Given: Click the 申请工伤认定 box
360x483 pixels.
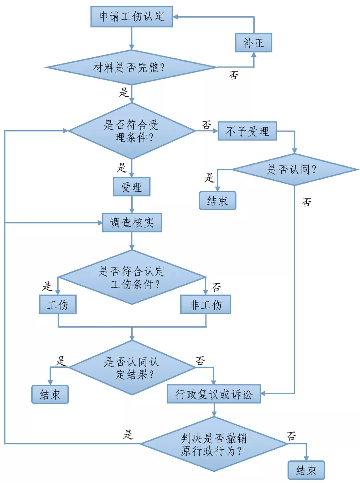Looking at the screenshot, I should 131,16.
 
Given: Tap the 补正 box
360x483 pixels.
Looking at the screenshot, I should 253,43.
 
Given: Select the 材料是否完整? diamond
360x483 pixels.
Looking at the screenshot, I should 131,68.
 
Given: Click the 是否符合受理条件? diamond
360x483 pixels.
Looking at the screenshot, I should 131,131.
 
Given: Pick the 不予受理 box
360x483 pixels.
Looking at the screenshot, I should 247,131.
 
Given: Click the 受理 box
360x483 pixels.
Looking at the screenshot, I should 132,187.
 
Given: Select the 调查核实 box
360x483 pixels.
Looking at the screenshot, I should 132,222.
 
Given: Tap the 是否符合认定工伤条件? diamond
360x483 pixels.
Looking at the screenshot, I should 132,277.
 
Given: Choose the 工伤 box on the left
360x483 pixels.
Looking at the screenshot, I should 58,304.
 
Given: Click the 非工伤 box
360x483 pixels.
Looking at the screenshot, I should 205,304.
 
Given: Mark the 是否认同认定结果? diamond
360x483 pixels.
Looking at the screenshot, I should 131,368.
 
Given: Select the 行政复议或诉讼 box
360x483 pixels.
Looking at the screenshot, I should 213,394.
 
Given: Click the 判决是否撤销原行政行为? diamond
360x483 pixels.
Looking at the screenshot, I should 213,444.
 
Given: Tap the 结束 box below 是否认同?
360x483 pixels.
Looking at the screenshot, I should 217,201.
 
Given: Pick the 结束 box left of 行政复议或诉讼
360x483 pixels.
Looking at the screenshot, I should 50,394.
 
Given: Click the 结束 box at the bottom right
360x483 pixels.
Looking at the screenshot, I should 306,470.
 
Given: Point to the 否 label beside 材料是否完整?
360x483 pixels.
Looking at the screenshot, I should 234,75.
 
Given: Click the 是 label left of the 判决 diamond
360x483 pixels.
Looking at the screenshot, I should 128,434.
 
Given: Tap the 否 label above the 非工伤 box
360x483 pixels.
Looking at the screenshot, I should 216,287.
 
